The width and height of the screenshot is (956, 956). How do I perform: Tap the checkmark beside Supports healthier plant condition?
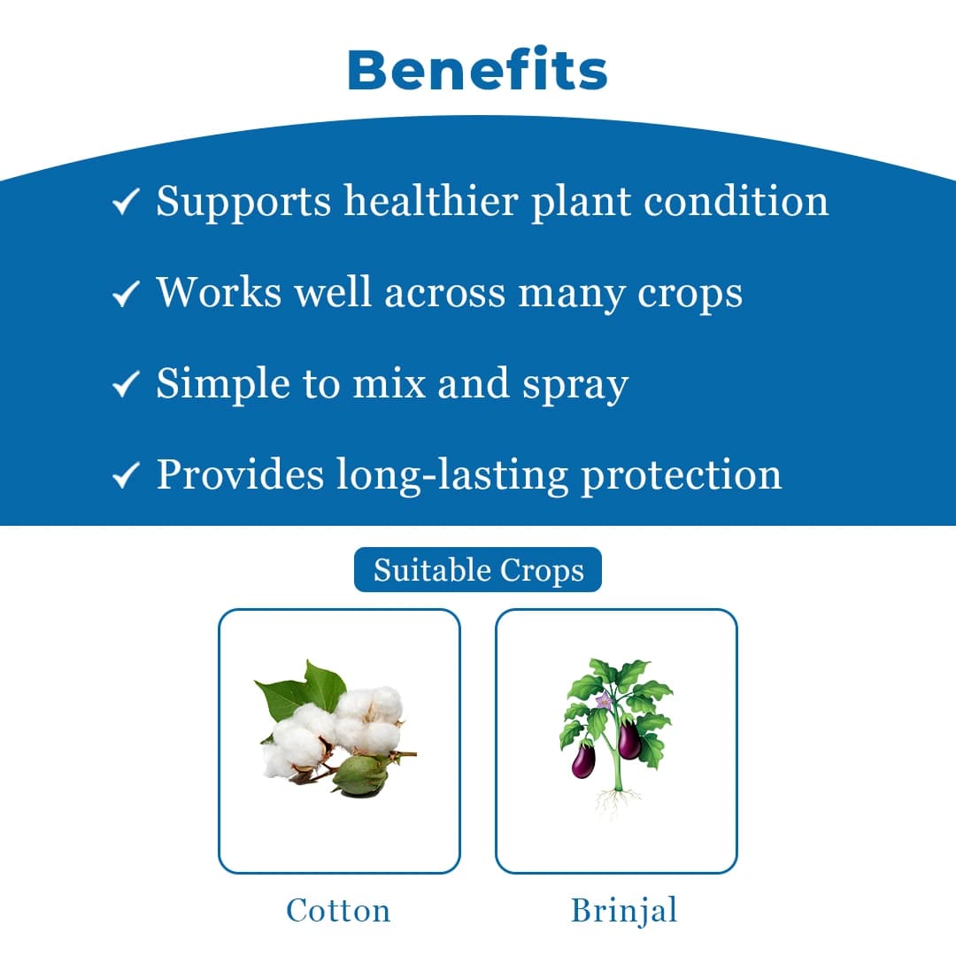pyautogui.click(x=125, y=204)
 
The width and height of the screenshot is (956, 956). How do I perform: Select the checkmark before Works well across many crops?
pyautogui.click(x=125, y=295)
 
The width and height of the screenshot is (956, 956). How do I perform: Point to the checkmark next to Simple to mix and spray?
pyautogui.click(x=125, y=386)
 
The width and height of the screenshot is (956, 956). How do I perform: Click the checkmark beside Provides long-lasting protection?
pyautogui.click(x=125, y=477)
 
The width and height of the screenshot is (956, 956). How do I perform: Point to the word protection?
pyautogui.click(x=681, y=474)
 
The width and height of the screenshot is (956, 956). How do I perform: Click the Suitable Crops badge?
pyautogui.click(x=478, y=570)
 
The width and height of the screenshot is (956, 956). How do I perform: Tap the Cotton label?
pyautogui.click(x=338, y=910)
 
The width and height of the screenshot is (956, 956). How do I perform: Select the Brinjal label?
pyautogui.click(x=624, y=910)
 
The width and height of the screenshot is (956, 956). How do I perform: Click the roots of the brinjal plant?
pyautogui.click(x=616, y=801)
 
